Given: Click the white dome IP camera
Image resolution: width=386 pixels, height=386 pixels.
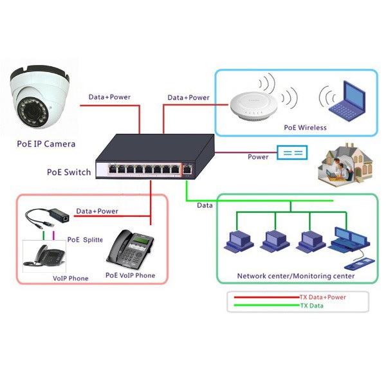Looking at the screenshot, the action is [39, 96].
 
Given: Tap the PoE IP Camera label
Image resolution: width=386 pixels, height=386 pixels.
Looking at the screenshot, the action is [46, 144].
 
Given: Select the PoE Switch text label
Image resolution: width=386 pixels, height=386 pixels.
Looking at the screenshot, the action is [69, 172].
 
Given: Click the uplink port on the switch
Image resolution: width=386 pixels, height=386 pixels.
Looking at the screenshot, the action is [187, 169].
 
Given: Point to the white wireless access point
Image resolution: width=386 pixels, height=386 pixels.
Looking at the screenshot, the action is [253, 106].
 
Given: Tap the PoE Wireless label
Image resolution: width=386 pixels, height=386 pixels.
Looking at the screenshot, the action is [305, 127].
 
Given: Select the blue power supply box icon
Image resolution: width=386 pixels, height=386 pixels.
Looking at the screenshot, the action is [292, 152].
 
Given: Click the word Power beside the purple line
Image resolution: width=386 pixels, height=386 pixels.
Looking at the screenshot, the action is [258, 157].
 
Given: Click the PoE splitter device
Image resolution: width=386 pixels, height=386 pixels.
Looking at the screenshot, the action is [47, 218].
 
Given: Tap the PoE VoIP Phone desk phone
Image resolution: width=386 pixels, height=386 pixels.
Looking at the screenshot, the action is [130, 249].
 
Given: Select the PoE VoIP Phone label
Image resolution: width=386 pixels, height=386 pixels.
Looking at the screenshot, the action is [130, 275].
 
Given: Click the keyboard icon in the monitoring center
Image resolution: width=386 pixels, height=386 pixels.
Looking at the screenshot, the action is [360, 263].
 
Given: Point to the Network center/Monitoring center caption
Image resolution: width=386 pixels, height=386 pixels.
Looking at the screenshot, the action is [296, 276].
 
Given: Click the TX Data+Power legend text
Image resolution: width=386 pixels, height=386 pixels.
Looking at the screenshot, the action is [323, 297].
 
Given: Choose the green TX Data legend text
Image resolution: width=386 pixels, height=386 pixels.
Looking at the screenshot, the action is [311, 306].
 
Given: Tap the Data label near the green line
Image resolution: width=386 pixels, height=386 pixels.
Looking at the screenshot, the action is [205, 205].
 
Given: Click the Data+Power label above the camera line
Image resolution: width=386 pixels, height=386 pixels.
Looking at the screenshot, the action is [109, 97].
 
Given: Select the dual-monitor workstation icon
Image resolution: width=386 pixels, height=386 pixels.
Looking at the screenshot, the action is [349, 239].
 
